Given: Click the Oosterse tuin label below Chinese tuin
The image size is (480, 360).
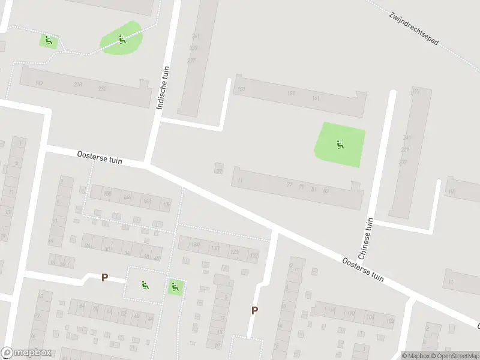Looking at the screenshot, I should click(362, 269).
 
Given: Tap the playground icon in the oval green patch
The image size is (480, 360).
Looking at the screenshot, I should click(122, 40).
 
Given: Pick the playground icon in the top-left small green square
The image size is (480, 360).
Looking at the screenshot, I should click(48, 41).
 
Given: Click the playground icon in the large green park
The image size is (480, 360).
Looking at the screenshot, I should click(340, 144).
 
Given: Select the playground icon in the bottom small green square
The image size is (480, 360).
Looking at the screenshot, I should click(175, 287).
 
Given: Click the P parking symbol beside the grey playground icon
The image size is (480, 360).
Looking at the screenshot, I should click(104, 278).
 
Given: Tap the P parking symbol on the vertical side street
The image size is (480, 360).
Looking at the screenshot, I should click(254, 310).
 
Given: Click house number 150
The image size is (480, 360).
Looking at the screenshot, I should click(108, 194).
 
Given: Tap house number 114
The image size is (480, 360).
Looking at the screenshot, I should click(331, 310).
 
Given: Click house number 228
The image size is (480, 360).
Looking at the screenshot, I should click(77, 85).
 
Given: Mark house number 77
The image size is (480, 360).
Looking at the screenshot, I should click(290, 185).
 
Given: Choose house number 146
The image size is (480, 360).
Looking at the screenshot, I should click(127, 197).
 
